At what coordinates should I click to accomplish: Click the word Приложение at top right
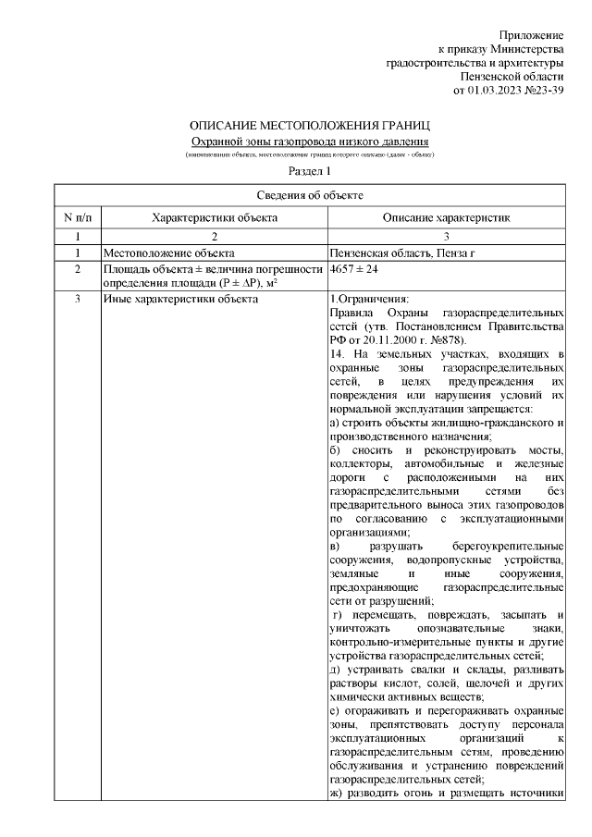[531, 34]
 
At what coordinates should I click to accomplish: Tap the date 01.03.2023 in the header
[495, 90]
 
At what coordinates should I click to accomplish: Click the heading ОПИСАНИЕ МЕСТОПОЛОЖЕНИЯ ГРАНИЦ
[309, 125]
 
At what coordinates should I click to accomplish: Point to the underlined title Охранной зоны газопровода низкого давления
[309, 141]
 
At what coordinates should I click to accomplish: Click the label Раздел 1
[309, 171]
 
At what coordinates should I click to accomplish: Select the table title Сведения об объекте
[309, 195]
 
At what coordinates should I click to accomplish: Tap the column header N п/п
[78, 217]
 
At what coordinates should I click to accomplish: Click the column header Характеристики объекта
[214, 217]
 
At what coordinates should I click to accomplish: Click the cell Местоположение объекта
[167, 252]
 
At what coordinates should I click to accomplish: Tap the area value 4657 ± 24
[354, 268]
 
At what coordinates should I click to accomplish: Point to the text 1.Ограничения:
[368, 299]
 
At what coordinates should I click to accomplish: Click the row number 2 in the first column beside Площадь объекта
[78, 268]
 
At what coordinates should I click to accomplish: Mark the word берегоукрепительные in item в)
[513, 548]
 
